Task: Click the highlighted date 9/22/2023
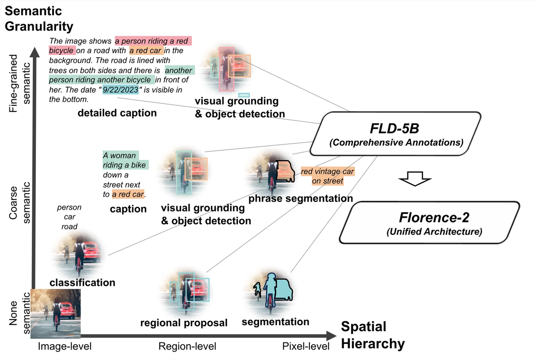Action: click(121, 90)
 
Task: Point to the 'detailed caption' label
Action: click(117, 113)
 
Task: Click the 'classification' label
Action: click(82, 283)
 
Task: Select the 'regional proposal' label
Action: click(183, 323)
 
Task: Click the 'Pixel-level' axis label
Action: click(305, 346)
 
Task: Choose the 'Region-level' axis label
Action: click(187, 346)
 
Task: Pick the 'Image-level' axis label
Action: click(65, 346)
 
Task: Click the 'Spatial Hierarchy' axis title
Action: click(373, 335)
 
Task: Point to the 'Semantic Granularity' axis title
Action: click(39, 18)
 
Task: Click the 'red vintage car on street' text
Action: click(327, 176)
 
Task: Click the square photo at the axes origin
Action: click(55, 313)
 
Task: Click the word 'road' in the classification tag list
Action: click(70, 227)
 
